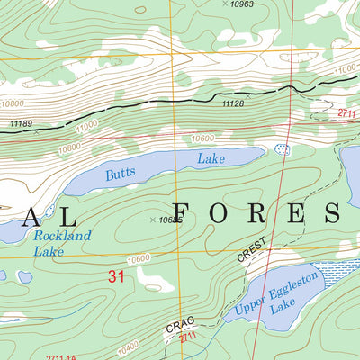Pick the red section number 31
(x=114, y=277)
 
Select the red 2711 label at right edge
(x=348, y=112)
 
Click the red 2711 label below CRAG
(x=187, y=337)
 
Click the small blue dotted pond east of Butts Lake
(x=283, y=149)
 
